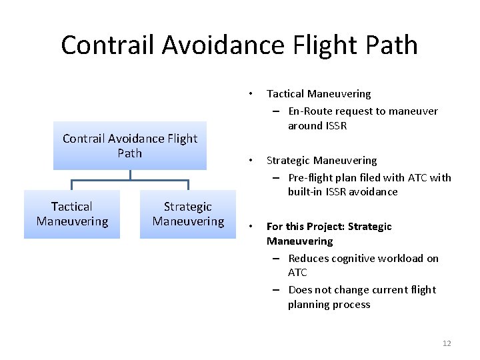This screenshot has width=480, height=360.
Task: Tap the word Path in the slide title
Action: pyautogui.click(x=390, y=45)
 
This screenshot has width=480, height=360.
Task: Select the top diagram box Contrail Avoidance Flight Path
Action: pyautogui.click(x=130, y=145)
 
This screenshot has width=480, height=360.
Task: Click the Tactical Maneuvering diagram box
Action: pyautogui.click(x=72, y=214)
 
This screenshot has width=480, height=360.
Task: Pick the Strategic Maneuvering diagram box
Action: pyautogui.click(x=188, y=214)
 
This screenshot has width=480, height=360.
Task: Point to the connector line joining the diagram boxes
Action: pyautogui.click(x=131, y=179)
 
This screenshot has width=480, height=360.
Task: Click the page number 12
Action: pyautogui.click(x=447, y=343)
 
